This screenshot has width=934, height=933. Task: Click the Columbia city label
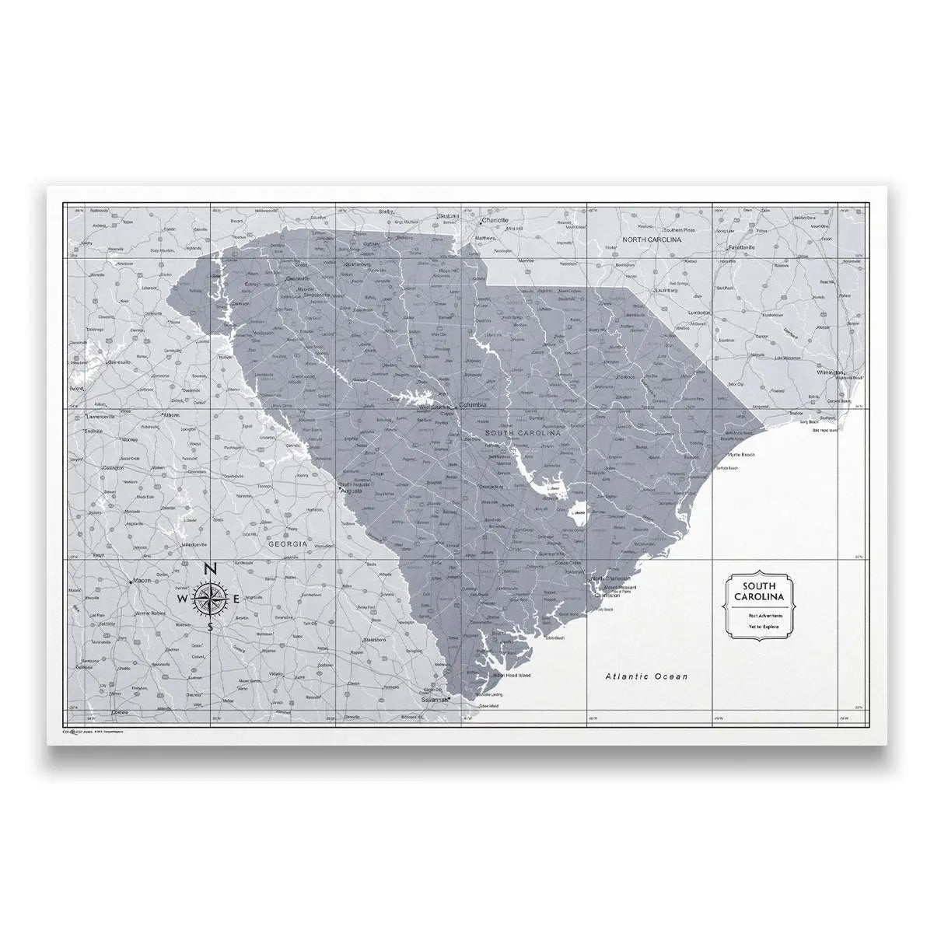pos(474,405)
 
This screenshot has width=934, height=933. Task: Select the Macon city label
pos(142,581)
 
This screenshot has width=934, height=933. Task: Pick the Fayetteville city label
pos(743,247)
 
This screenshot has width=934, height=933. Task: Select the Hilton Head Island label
pos(511,676)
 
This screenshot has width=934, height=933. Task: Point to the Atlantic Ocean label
pos(647,677)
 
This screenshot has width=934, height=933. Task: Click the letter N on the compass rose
pos(211,569)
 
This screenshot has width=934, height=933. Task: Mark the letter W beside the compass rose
pos(182,600)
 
